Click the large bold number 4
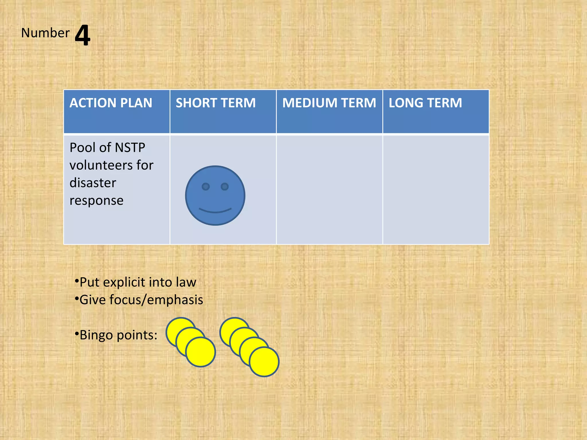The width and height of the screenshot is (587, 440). point(83,35)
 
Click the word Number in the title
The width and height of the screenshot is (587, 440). point(45,33)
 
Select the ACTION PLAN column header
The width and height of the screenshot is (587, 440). point(111,103)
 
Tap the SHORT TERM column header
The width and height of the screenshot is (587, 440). point(216,103)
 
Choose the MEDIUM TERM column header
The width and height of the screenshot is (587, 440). point(329,103)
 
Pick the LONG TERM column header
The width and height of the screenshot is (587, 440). point(425,103)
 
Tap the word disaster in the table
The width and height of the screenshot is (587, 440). point(93,183)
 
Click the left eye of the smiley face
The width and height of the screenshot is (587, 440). point(206,187)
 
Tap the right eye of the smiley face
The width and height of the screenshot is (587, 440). point(225,187)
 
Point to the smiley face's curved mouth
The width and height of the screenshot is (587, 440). point(215,211)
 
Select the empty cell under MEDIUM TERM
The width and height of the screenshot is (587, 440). point(329,189)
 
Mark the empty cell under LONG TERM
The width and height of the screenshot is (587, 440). point(436,189)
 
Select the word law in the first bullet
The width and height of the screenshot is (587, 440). point(186,282)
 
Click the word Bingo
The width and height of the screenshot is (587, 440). point(96,335)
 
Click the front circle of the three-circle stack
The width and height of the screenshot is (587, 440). point(201,352)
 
